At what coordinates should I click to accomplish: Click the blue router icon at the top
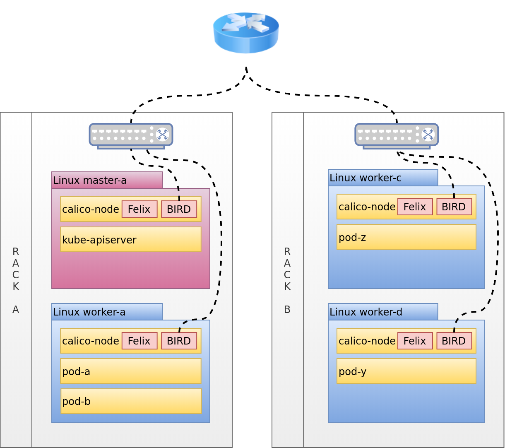point(246,32)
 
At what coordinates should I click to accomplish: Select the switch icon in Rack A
point(131,135)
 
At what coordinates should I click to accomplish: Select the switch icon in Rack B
point(397,135)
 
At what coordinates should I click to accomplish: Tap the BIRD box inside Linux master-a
point(179,209)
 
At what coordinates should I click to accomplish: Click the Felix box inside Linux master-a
point(139,209)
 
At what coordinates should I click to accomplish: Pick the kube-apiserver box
point(131,239)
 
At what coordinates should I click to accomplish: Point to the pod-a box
point(131,371)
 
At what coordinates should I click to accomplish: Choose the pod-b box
point(131,401)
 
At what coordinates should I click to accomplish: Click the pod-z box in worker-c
point(406,237)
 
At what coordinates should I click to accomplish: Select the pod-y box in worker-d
point(406,371)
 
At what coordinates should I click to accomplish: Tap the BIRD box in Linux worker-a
point(179,341)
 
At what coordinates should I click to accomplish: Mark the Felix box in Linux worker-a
point(139,341)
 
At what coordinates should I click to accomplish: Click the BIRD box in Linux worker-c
point(454,207)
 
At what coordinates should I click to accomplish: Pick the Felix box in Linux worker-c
point(415,207)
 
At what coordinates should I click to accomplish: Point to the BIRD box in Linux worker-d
point(454,341)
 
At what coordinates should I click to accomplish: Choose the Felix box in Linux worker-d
point(415,341)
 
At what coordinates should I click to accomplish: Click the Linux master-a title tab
point(107,180)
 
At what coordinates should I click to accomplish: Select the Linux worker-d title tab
point(383,312)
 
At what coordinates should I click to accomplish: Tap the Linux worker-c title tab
point(383,178)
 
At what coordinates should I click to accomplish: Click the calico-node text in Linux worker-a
point(91,341)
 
